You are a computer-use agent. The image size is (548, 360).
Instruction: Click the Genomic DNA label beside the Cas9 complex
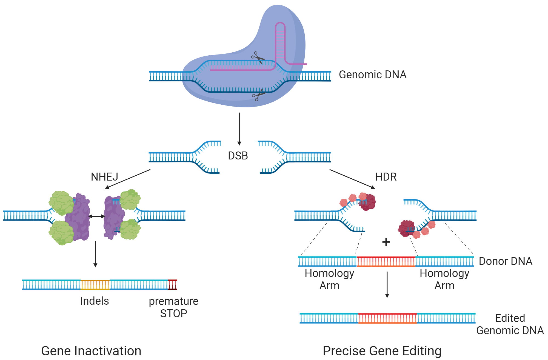pos(372,75)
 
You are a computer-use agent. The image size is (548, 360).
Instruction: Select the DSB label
pos(238,156)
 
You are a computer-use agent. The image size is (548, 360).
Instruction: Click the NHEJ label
pos(104,177)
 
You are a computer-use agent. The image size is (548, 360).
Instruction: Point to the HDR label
pos(386,177)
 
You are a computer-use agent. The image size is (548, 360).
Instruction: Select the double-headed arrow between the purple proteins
pos(97,216)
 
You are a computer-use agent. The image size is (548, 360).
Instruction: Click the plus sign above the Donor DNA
pos(386,242)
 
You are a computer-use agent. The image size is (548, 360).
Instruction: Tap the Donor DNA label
pos(505,261)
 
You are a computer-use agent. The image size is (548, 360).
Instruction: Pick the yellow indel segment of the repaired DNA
pos(95,285)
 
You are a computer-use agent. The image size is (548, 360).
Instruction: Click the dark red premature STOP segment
pos(173,285)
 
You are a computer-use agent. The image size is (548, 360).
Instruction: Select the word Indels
pos(95,301)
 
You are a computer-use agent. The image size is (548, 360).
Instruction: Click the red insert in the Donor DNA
pos(386,262)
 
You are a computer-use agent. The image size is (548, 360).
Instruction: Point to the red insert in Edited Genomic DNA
pos(387,318)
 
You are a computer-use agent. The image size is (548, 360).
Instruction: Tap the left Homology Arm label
pos(329,279)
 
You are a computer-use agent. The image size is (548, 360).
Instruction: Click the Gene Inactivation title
pos(91,351)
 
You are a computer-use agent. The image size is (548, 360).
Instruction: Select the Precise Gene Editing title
pos(382,351)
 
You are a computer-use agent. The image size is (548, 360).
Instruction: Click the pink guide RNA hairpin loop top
pos(280,24)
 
